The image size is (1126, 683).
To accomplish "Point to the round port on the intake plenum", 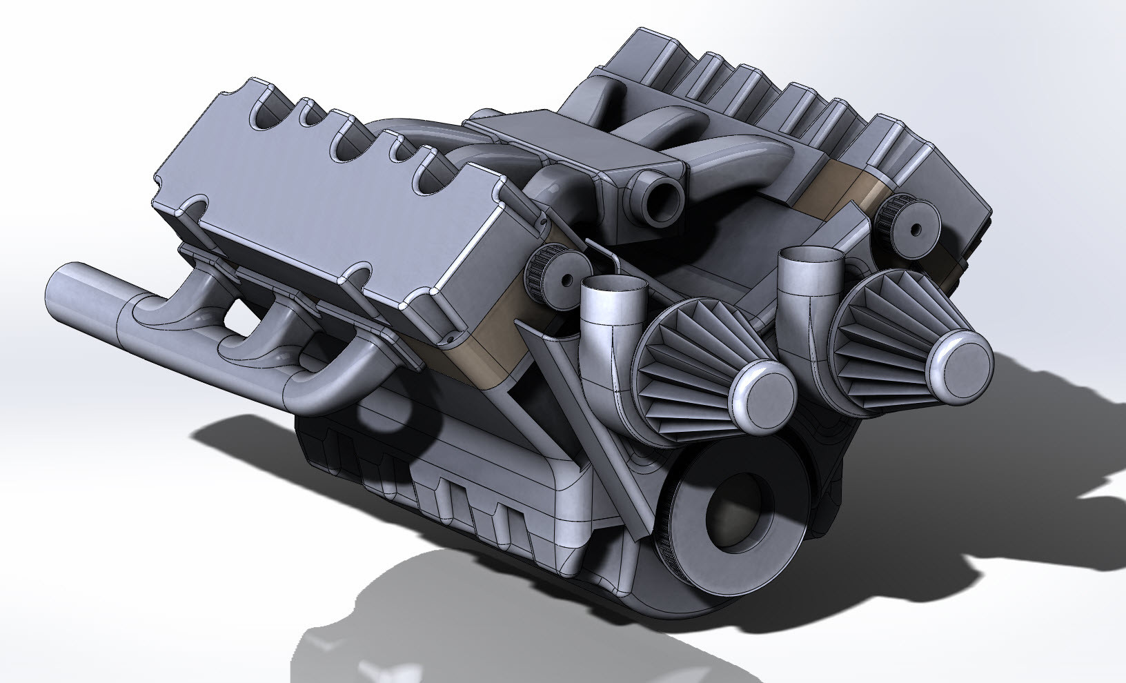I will click(x=662, y=198).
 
